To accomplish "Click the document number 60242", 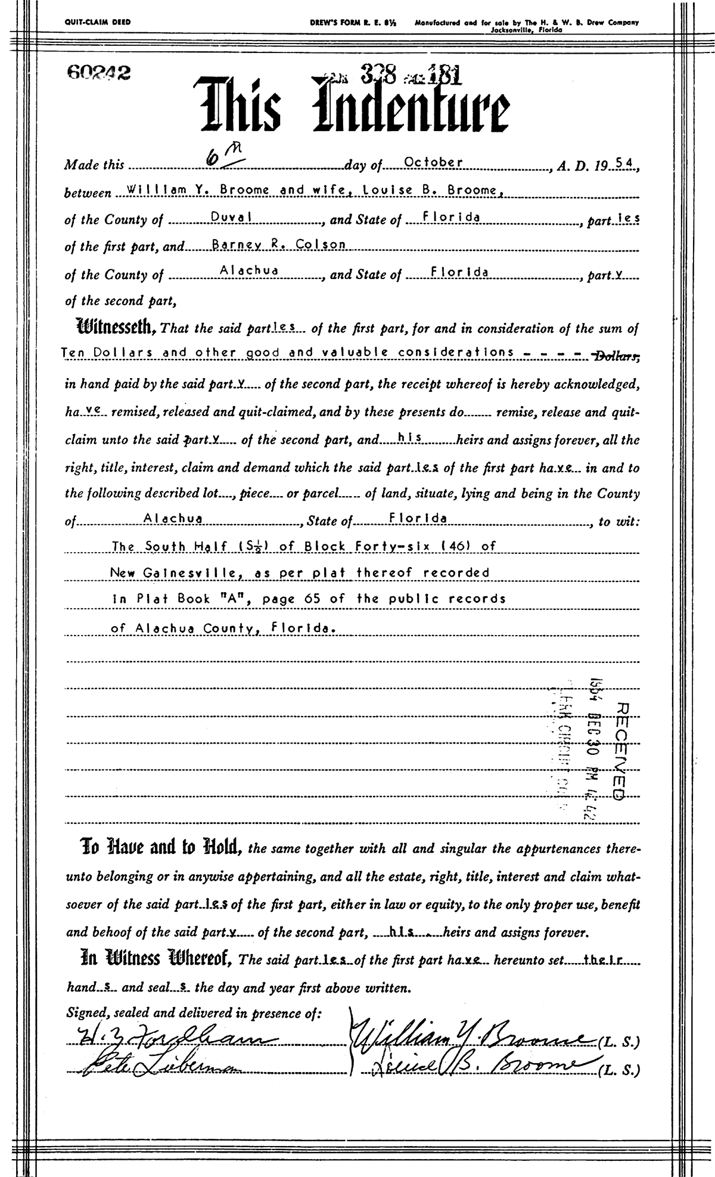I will coord(99,72).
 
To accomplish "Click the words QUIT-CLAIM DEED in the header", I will coord(97,23).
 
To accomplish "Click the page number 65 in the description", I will coord(303,599).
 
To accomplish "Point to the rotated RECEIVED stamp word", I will coord(618,749).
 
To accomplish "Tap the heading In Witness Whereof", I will coord(157,959).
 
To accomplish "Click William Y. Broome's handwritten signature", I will coord(471,1041).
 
